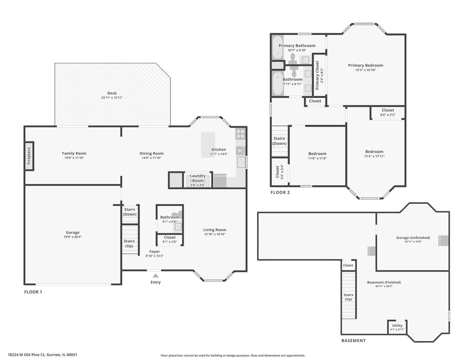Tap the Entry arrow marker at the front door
click(155, 276)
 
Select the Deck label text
click(112, 93)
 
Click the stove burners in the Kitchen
click(240, 134)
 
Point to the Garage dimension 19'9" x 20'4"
click(73, 237)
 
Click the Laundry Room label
click(198, 178)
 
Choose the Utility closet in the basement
click(397, 327)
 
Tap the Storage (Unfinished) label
click(413, 238)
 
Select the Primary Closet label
click(317, 75)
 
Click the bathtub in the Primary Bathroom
click(277, 48)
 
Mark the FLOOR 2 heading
click(280, 192)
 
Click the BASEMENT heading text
click(353, 341)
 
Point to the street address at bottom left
click(42, 355)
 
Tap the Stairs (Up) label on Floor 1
click(129, 243)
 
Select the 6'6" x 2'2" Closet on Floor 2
click(388, 112)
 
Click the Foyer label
click(155, 252)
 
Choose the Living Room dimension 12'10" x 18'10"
click(215, 234)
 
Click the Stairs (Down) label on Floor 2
click(279, 141)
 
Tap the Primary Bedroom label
click(366, 65)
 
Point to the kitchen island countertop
click(208, 144)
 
